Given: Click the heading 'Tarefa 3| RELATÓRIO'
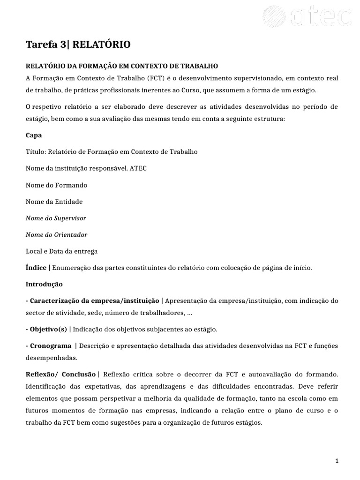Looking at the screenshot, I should tap(78, 45).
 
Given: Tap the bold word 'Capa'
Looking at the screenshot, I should tap(34, 135).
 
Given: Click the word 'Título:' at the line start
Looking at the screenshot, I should tap(36, 152).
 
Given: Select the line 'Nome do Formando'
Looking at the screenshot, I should tap(56, 185).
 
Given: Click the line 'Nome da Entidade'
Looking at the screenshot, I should tap(54, 202).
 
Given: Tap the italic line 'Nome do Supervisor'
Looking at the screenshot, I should tap(56, 218).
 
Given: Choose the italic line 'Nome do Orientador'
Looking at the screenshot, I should tap(56, 235).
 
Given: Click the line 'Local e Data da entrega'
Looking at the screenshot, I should tap(61, 251).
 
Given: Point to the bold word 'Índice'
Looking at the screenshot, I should tap(36, 268).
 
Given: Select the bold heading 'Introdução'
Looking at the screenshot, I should tap(44, 285).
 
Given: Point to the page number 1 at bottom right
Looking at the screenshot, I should tap(337, 462).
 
